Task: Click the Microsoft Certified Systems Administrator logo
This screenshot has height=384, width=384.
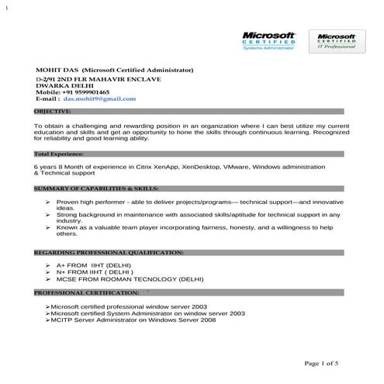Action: tap(269, 41)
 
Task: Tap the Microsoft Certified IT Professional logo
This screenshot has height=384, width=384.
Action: tap(335, 41)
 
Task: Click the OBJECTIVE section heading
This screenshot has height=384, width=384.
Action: tap(54, 112)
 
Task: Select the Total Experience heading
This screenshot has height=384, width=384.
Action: tap(59, 154)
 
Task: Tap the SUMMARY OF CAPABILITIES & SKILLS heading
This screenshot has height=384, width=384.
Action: tap(98, 188)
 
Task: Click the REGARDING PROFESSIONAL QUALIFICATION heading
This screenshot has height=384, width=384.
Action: tap(109, 252)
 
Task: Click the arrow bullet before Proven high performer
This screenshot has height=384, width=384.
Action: tap(49, 202)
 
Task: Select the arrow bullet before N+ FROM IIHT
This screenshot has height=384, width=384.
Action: tap(49, 272)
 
